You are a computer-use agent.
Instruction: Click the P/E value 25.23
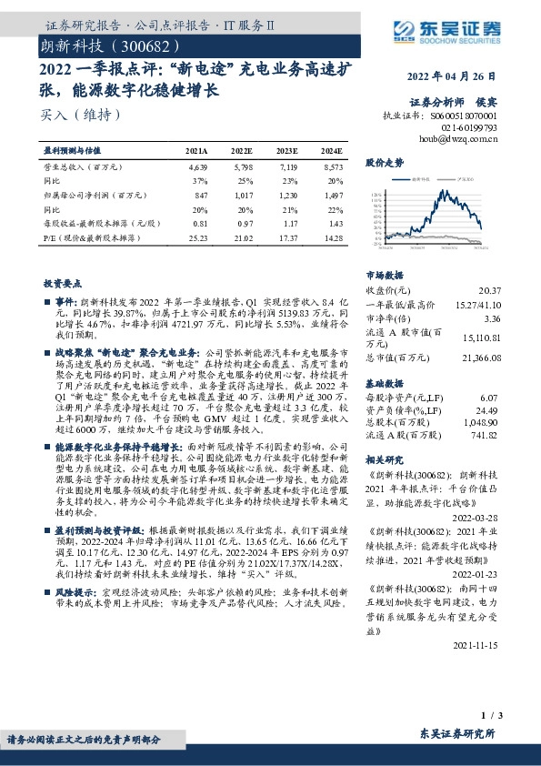coord(197,237)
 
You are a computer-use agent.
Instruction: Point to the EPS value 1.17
coord(289,223)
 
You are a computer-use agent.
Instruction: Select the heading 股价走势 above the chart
coord(384,163)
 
